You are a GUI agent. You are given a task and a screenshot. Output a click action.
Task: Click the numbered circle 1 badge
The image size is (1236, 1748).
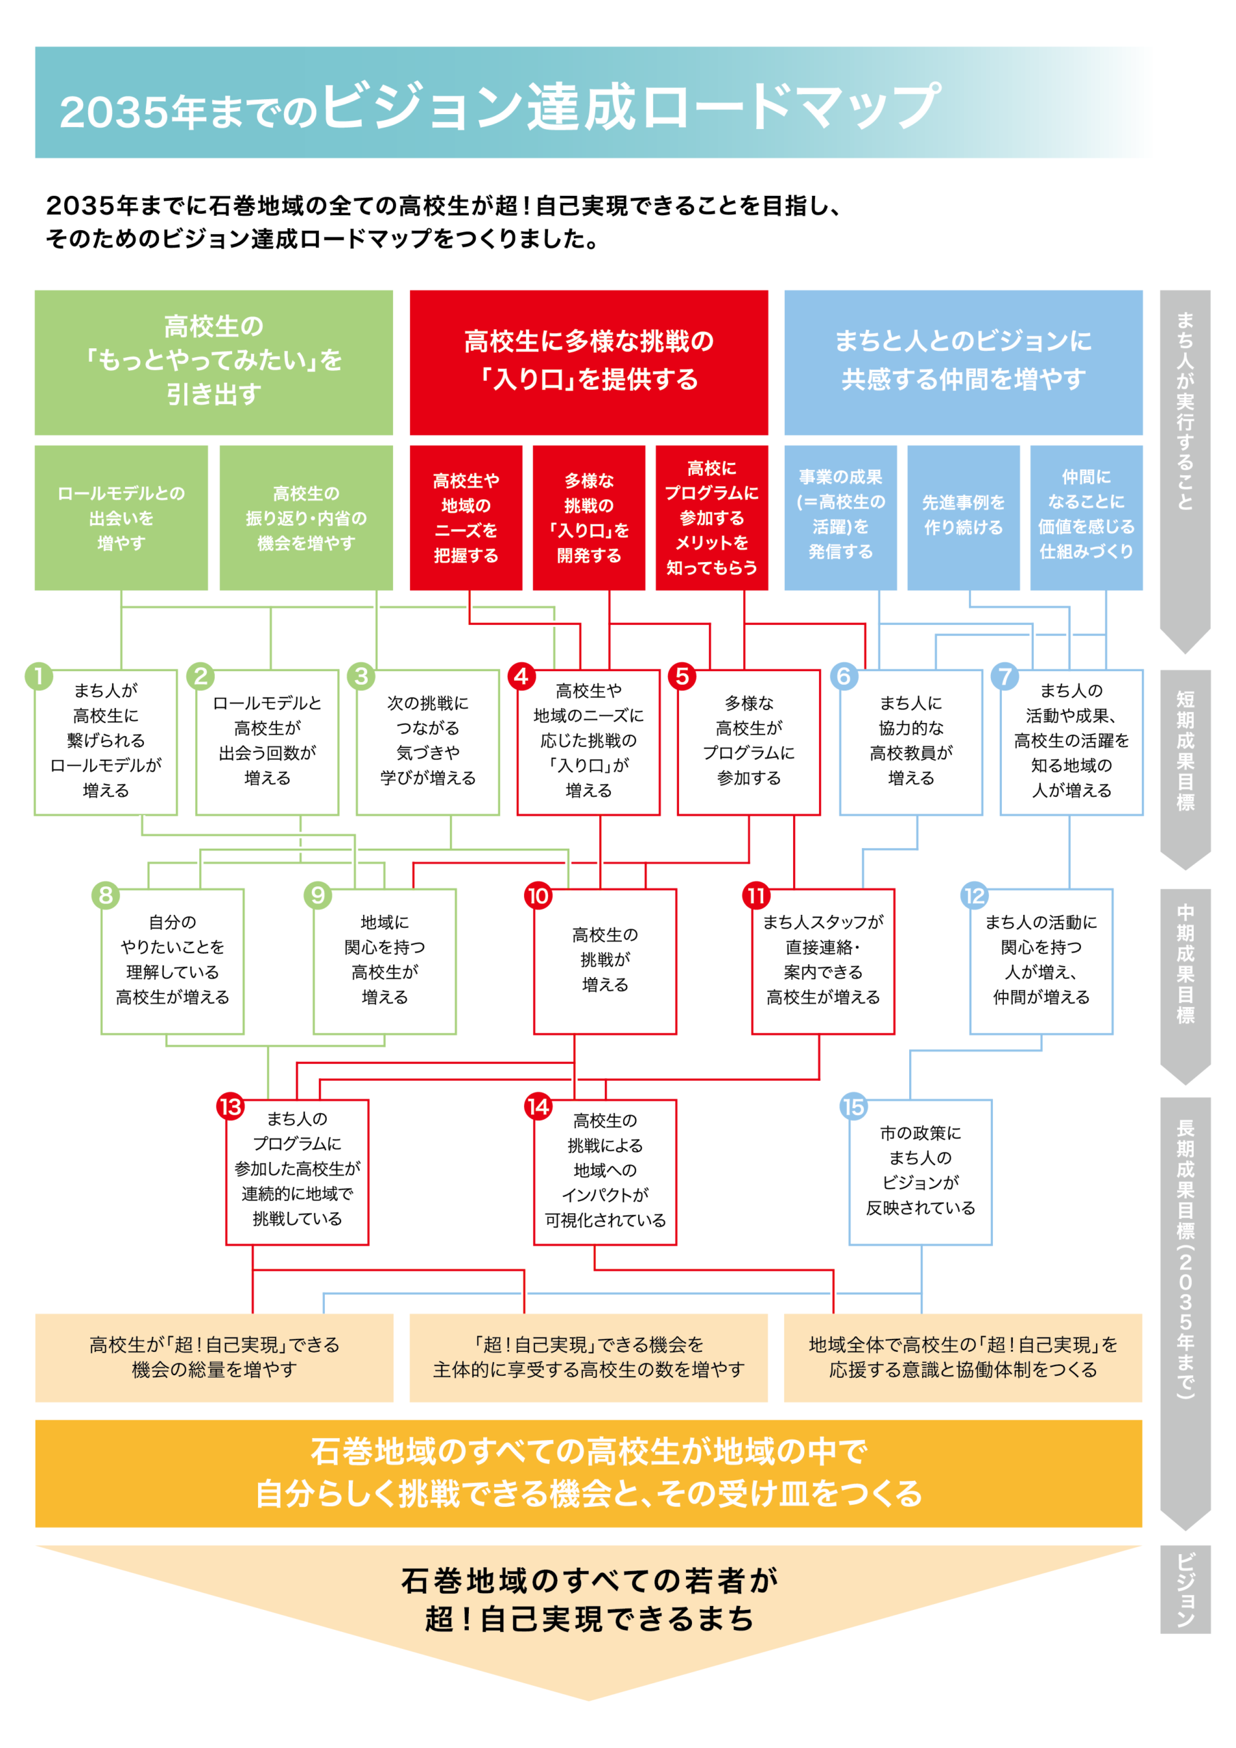[39, 676]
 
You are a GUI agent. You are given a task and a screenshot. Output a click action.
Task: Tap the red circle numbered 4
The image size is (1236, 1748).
[521, 676]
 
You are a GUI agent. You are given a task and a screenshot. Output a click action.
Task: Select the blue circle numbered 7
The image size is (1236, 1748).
[1004, 676]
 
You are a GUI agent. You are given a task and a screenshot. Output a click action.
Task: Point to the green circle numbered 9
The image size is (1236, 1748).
[318, 895]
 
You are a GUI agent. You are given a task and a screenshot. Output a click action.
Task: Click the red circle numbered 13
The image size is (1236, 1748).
[230, 1106]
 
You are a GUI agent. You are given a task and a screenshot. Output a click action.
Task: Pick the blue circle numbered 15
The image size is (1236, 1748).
[853, 1106]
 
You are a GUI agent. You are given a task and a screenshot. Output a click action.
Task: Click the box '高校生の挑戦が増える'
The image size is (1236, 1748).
[605, 961]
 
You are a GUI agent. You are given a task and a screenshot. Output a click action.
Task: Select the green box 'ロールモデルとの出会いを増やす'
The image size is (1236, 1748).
[121, 518]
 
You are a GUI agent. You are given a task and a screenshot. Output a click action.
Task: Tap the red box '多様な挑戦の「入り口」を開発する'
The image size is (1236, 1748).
[588, 518]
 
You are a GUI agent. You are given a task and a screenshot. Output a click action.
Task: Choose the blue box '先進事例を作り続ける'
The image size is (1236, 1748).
[963, 518]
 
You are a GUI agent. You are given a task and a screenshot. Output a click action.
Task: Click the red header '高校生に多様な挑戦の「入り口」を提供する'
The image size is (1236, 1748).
[588, 362]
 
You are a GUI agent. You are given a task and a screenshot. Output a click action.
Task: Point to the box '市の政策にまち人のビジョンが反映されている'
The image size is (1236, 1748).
[920, 1172]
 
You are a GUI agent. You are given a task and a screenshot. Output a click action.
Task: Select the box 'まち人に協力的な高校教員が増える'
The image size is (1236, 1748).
[911, 742]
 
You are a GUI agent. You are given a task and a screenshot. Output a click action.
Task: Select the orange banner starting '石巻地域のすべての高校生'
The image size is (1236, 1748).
[588, 1472]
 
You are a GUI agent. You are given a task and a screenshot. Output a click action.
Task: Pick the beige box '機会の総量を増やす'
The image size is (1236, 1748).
[214, 1357]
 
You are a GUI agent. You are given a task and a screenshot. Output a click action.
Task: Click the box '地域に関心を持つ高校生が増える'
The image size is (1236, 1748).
[384, 961]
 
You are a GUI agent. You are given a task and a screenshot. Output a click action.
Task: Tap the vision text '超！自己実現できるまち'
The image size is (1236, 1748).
[588, 1620]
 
